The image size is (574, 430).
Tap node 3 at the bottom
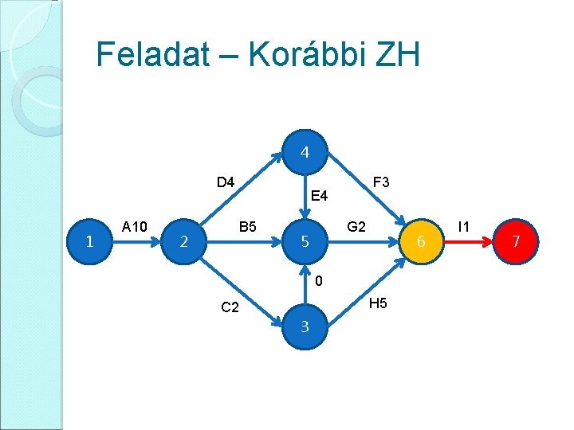click(x=305, y=326)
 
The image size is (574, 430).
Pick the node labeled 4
click(x=305, y=152)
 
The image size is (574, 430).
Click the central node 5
click(x=305, y=241)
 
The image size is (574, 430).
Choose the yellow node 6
click(x=423, y=241)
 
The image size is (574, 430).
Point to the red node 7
click(x=516, y=241)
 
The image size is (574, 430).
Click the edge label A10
click(x=135, y=227)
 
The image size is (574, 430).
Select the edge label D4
click(x=226, y=182)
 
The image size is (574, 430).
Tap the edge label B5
click(x=248, y=227)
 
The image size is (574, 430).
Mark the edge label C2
click(x=230, y=308)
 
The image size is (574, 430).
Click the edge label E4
click(x=319, y=195)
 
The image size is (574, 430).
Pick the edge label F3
click(x=380, y=182)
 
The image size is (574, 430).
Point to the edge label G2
click(x=356, y=227)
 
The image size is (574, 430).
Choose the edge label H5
click(x=379, y=303)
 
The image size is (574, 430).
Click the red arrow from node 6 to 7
click(x=470, y=241)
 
